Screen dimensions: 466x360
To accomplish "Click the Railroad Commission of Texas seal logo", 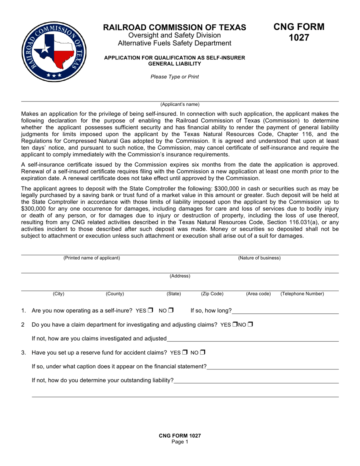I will click(x=54, y=52).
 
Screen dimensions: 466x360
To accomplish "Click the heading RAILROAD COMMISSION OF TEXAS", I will click(x=174, y=27).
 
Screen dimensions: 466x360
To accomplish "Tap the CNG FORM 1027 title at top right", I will click(x=299, y=32).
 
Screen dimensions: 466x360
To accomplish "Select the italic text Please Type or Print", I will click(x=174, y=77).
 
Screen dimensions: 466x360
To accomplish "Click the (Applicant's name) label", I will click(x=180, y=104).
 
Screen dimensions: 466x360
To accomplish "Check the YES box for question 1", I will click(x=150, y=310).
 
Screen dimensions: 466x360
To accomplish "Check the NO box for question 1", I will click(x=171, y=310).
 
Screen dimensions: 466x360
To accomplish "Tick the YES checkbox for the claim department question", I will click(x=235, y=324).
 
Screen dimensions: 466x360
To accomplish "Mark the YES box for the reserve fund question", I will click(x=185, y=352).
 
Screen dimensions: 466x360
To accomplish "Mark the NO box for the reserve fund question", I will click(x=203, y=352).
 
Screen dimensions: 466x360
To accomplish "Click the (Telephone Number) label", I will click(x=302, y=294).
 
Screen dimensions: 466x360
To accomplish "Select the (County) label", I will click(x=114, y=294).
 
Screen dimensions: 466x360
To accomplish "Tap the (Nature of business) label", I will click(x=259, y=258).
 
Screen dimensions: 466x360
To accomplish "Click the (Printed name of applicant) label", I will click(x=92, y=258).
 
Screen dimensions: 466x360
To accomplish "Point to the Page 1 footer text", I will click(x=180, y=442).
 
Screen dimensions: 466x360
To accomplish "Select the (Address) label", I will click(x=180, y=276).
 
